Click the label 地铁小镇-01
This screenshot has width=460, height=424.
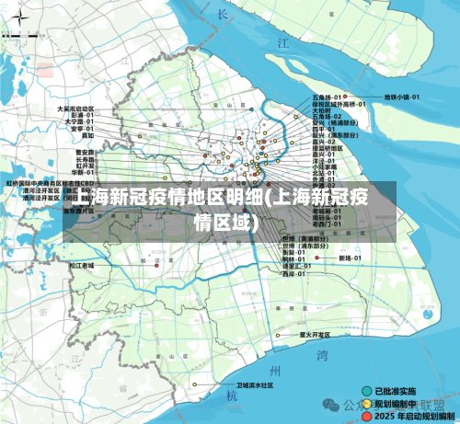(x=402, y=97)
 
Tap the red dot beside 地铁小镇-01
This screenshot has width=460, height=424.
(x=378, y=97)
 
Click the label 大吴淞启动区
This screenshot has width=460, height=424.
(x=75, y=108)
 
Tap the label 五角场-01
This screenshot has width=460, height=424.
(x=328, y=97)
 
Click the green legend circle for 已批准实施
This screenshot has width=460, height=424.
(x=366, y=390)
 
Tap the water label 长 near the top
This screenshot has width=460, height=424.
(x=222, y=14)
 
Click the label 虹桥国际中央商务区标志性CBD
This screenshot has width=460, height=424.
(x=51, y=183)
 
